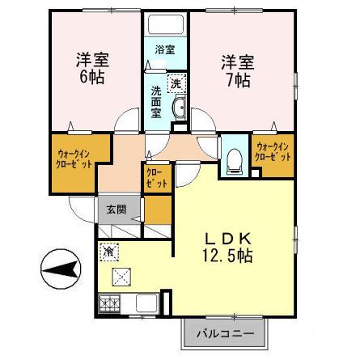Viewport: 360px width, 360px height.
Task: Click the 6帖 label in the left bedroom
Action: click(91, 78)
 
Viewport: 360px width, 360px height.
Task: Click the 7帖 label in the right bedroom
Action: click(238, 80)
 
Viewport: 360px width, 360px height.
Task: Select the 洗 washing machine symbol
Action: click(176, 83)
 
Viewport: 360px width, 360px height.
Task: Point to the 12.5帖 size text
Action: click(228, 256)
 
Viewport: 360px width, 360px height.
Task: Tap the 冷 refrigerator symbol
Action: click(109, 252)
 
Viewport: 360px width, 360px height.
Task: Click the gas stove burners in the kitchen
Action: click(108, 305)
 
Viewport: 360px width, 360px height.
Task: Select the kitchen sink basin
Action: click(146, 304)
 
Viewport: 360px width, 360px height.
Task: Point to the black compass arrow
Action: click(61, 269)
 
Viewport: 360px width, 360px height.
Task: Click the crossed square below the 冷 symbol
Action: click(122, 276)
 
